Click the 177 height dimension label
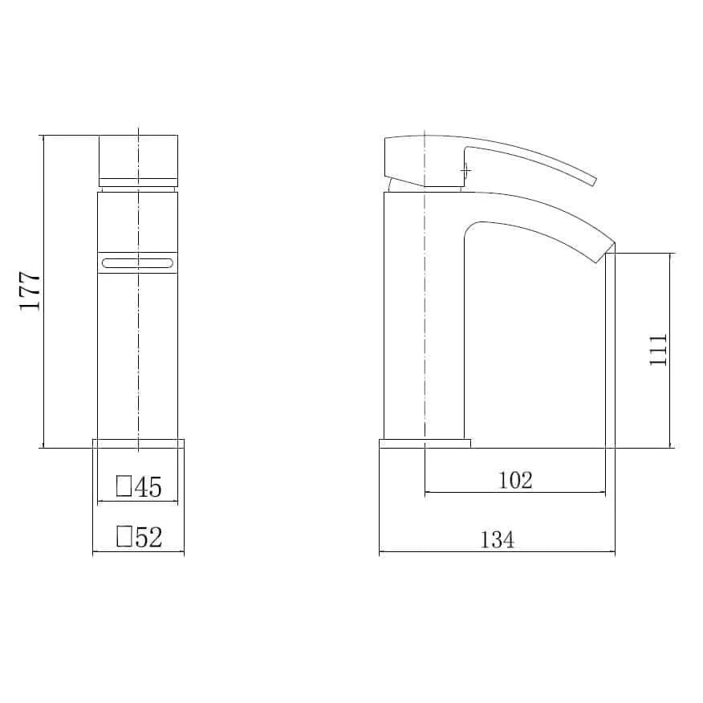pyautogui.click(x=30, y=291)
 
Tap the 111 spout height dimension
pyautogui.click(x=658, y=350)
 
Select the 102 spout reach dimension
pyautogui.click(x=515, y=480)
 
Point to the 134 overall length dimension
pyautogui.click(x=498, y=539)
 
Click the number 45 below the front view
pyautogui.click(x=148, y=487)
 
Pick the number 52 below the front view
pyautogui.click(x=148, y=537)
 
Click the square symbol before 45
pyautogui.click(x=124, y=486)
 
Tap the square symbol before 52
pyautogui.click(x=124, y=536)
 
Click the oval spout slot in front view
pyautogui.click(x=138, y=262)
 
